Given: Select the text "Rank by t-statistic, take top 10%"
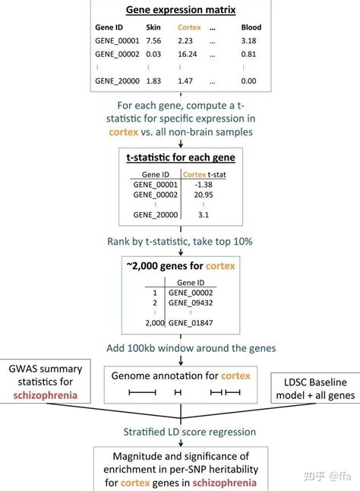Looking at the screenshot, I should coord(179,242).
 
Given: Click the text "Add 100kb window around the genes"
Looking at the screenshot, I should coord(179,348).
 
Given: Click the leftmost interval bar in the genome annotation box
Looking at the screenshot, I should coord(142,392).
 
